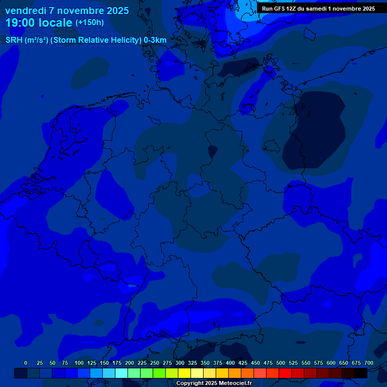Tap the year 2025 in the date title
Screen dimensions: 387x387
coord(115,11)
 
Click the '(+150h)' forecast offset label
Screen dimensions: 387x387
coord(90,23)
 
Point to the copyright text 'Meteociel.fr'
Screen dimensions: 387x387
coord(235,383)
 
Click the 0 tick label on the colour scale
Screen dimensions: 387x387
coord(26,363)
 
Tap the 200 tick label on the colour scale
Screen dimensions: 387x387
coord(130,363)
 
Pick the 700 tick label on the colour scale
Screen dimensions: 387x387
coord(369,363)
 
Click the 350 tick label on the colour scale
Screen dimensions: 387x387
coord(205,363)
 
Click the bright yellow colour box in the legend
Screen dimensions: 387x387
coord(184,373)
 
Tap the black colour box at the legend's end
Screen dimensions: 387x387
coord(361,373)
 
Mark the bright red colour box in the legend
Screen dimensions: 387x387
coord(285,373)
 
